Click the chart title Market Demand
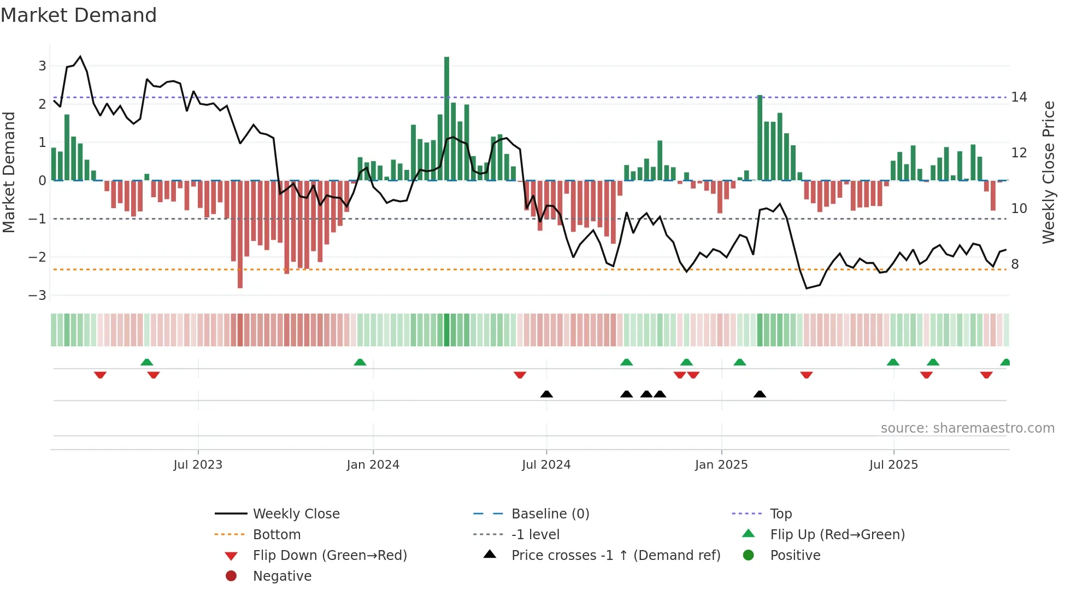click(79, 15)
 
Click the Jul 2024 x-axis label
click(546, 465)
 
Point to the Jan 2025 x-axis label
click(721, 465)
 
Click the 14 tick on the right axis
click(1019, 97)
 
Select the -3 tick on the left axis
click(38, 296)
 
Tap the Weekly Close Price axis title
click(1048, 172)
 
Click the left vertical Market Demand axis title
click(9, 172)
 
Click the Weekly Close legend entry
click(296, 514)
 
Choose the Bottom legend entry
click(276, 535)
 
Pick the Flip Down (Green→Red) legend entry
click(329, 556)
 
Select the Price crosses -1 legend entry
click(615, 556)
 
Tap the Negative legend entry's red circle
click(231, 576)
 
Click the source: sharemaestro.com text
click(967, 428)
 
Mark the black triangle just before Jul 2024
click(546, 394)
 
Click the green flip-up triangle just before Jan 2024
click(360, 362)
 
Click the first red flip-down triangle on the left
click(100, 375)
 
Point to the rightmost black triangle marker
click(760, 394)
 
